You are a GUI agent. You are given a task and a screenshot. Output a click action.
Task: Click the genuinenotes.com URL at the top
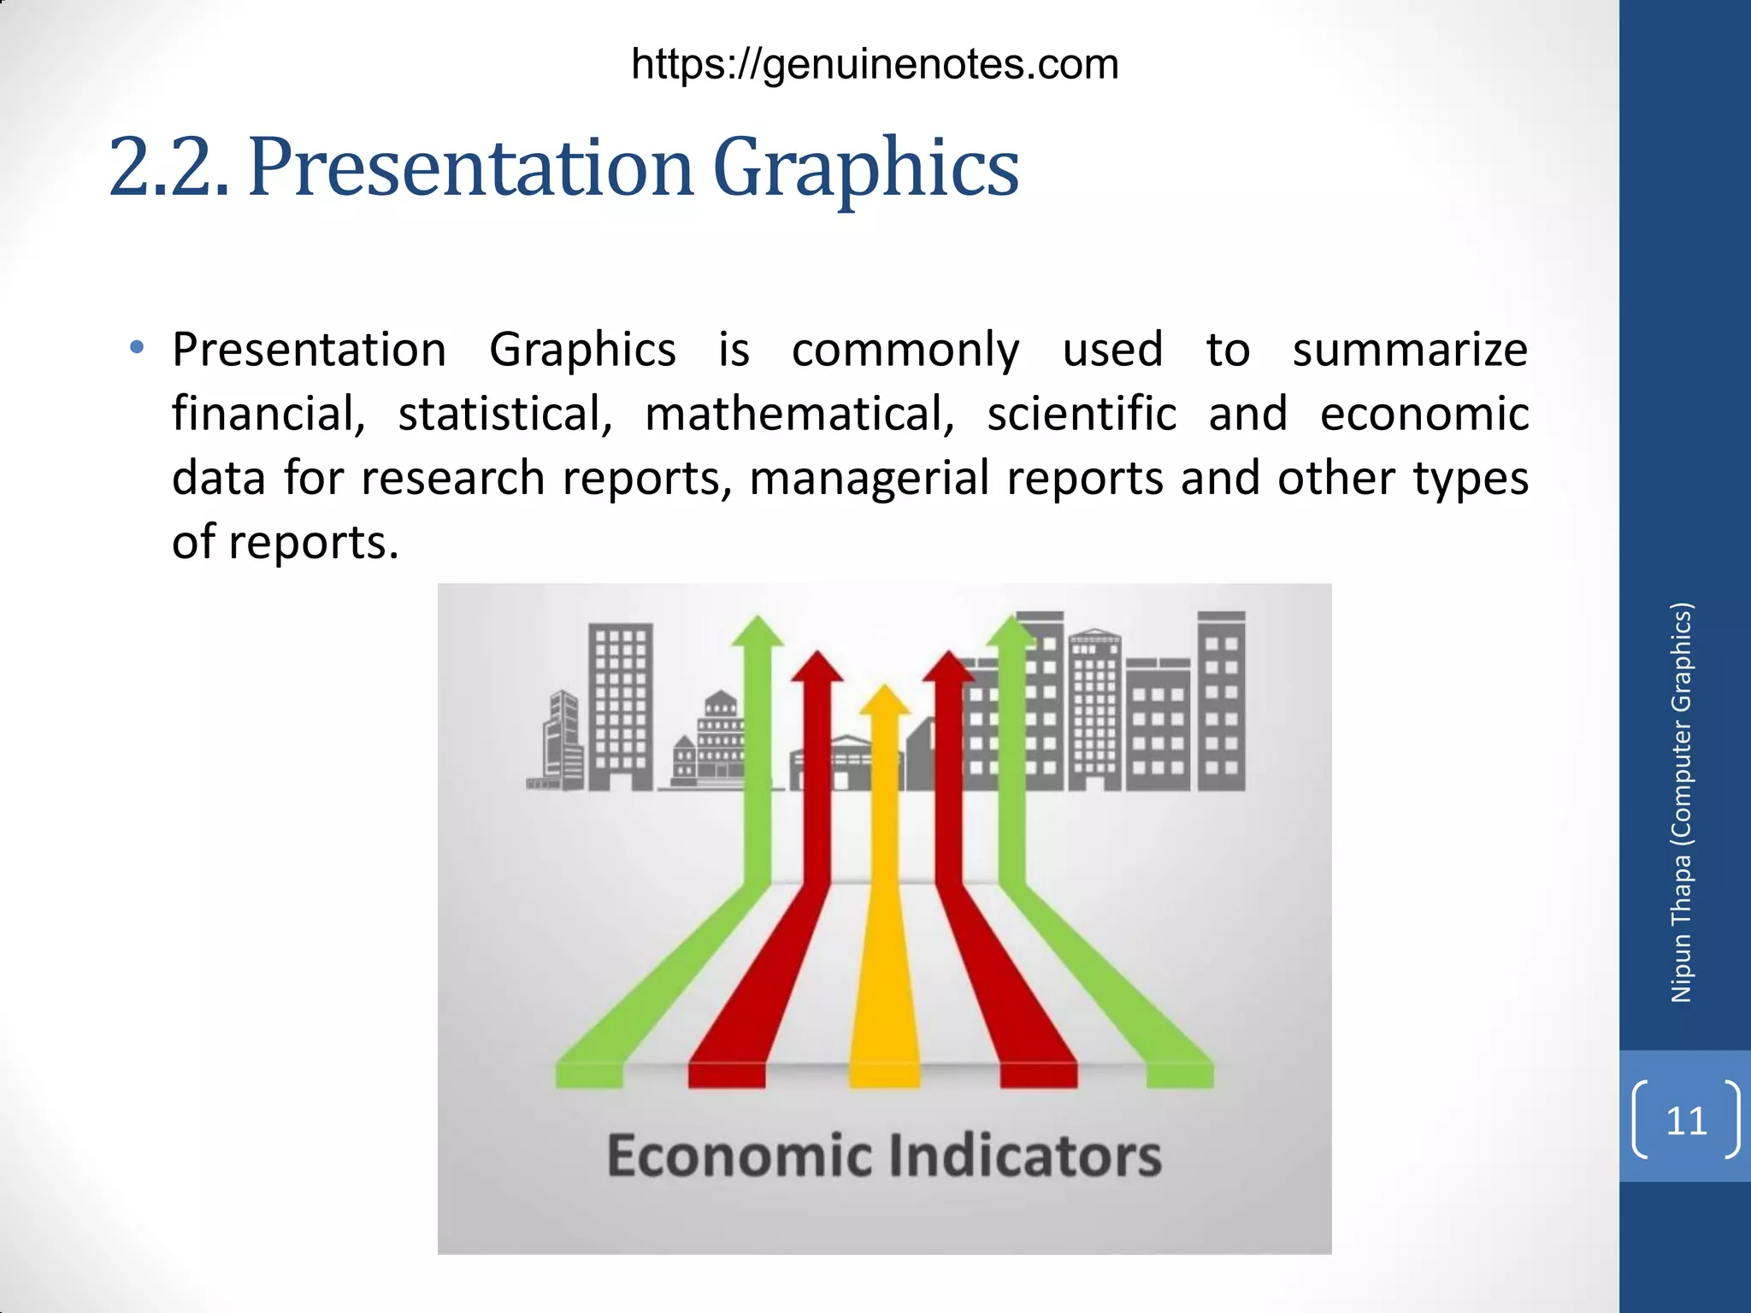pyautogui.click(x=875, y=65)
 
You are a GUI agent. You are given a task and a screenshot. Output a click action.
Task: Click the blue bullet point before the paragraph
pyautogui.click(x=137, y=348)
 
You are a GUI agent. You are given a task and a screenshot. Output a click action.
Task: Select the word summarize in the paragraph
pyautogui.click(x=1409, y=350)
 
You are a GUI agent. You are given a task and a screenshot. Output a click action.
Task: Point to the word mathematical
pyautogui.click(x=799, y=414)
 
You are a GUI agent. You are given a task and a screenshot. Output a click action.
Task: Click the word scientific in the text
pyautogui.click(x=1082, y=414)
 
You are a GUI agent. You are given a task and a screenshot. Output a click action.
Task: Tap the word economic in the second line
pyautogui.click(x=1424, y=414)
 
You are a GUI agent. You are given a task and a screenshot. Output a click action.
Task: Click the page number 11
pyautogui.click(x=1686, y=1120)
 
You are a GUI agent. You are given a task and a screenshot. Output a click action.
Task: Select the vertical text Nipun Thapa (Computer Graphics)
pyautogui.click(x=1681, y=804)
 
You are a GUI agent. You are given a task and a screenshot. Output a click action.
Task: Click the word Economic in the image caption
pyautogui.click(x=740, y=1156)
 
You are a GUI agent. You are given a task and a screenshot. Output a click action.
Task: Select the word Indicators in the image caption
pyautogui.click(x=1024, y=1156)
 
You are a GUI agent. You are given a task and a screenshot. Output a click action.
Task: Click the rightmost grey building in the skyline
pyautogui.click(x=1221, y=701)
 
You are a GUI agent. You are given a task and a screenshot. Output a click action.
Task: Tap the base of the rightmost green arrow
pyautogui.click(x=1180, y=1074)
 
